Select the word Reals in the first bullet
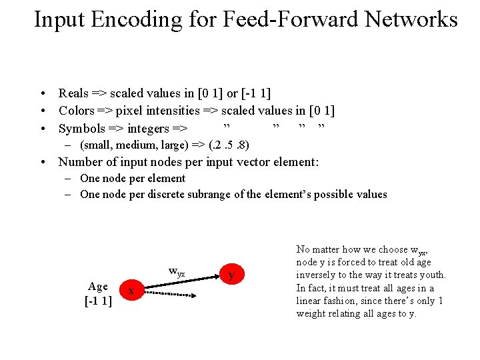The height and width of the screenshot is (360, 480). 74,93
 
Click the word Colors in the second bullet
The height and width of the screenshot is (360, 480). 76,111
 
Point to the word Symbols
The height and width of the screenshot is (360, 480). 82,129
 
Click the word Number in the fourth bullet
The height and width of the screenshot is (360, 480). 81,162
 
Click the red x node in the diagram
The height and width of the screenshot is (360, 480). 131,291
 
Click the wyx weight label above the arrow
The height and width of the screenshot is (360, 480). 177,272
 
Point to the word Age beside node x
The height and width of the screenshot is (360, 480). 98,287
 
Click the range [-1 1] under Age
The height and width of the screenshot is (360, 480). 98,301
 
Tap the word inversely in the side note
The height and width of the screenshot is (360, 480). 318,275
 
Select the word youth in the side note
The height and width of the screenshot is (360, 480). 431,275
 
